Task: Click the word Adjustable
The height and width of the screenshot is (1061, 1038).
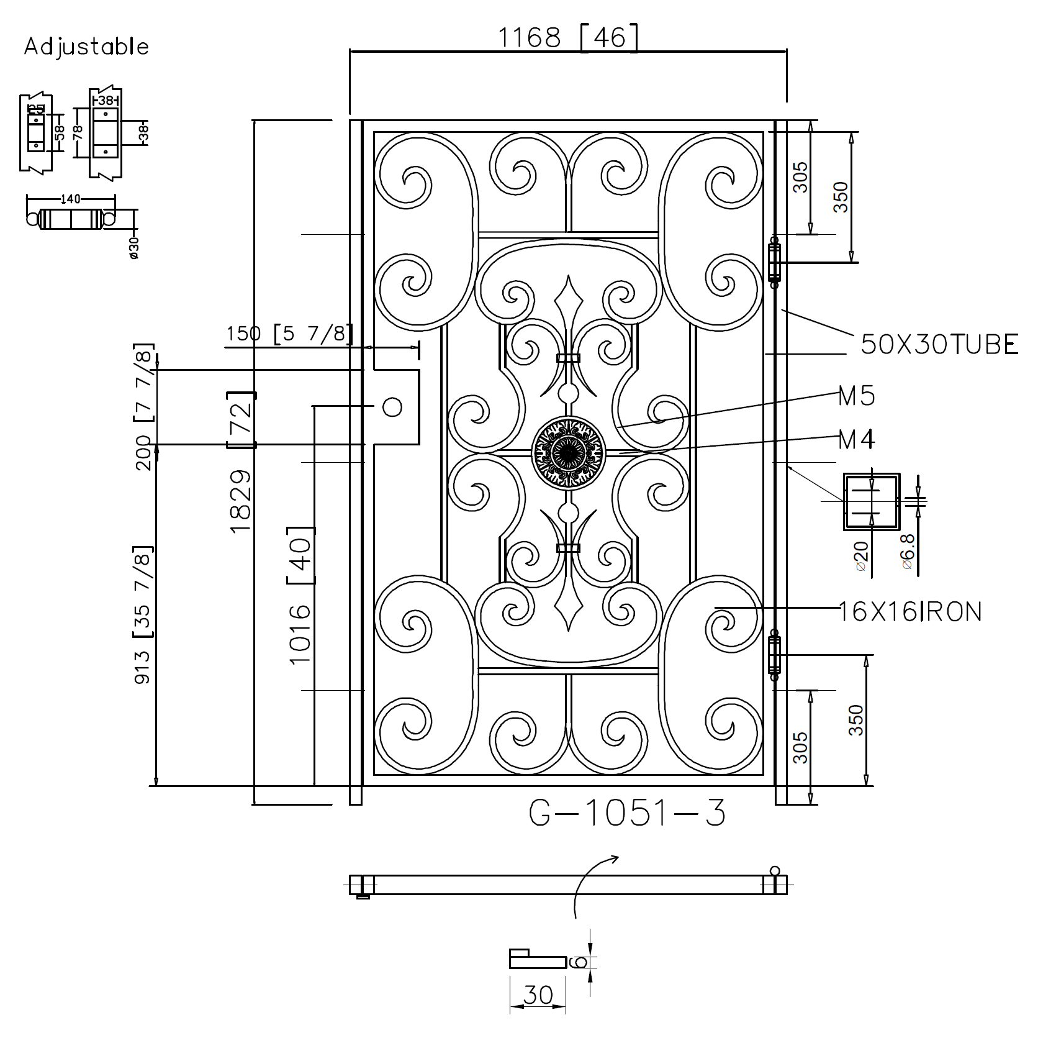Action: click(x=86, y=47)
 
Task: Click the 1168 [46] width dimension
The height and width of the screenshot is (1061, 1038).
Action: click(x=568, y=39)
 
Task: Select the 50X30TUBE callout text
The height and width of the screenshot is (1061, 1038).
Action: click(x=939, y=344)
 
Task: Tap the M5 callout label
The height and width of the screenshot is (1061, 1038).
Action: click(x=857, y=396)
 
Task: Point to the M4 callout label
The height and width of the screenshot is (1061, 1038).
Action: click(x=857, y=440)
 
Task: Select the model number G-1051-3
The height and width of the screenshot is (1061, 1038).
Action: click(x=627, y=813)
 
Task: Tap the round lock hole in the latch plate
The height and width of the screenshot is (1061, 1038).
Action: click(x=392, y=407)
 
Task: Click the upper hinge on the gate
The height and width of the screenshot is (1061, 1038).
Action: click(x=774, y=262)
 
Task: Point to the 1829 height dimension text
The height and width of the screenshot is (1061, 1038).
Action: click(x=241, y=500)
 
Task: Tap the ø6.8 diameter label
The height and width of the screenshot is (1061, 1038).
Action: click(x=907, y=550)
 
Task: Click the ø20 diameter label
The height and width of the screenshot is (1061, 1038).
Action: click(x=860, y=556)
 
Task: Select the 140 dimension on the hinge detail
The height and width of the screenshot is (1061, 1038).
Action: click(x=71, y=199)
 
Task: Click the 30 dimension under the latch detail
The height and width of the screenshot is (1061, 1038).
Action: click(x=538, y=1013)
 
